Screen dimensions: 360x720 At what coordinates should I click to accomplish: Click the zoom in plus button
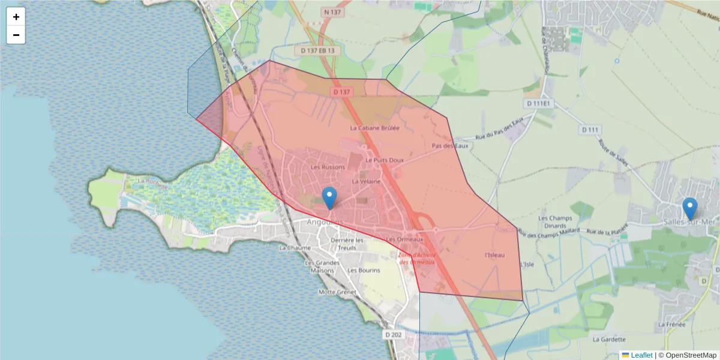tap(16, 17)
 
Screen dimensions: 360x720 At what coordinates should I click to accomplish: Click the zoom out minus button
tap(16, 35)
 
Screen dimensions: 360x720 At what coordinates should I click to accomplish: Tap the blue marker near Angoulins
tap(329, 198)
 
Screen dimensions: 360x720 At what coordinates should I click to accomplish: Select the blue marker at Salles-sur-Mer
tap(690, 209)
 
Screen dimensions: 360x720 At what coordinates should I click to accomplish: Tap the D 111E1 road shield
tap(538, 104)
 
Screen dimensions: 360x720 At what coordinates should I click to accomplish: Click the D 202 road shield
tap(394, 334)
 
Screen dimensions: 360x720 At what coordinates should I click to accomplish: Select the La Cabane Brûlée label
tap(374, 128)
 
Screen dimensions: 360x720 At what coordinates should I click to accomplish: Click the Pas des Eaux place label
tap(449, 146)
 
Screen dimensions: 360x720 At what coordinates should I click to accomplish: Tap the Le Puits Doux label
tap(385, 160)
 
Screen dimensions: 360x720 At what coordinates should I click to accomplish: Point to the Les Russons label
tap(328, 167)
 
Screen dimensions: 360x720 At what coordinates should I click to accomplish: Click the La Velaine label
tap(366, 181)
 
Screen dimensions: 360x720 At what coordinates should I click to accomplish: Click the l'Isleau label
tap(494, 255)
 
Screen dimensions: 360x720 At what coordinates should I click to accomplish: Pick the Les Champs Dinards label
tap(552, 222)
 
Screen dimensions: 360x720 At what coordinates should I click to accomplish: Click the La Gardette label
tap(609, 339)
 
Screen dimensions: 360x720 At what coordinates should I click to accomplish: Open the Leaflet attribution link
tap(641, 355)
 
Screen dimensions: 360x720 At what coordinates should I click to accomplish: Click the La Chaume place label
tap(295, 248)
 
